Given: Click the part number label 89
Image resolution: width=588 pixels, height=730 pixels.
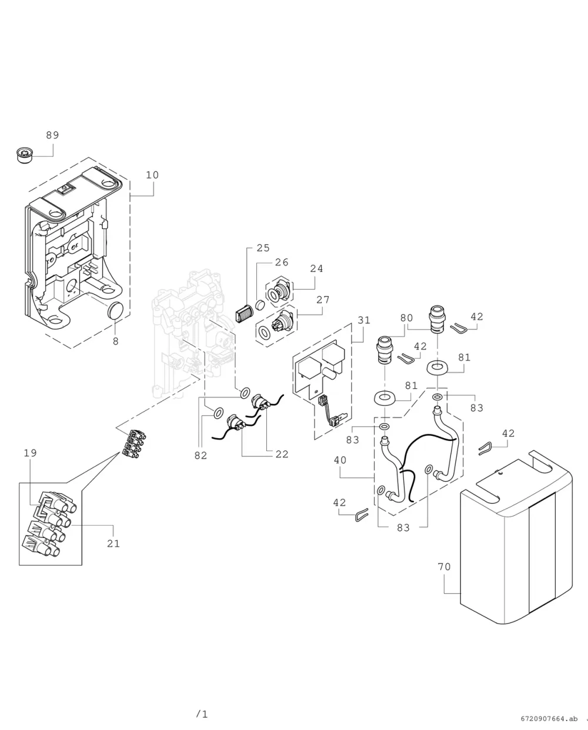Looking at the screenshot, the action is point(53,135).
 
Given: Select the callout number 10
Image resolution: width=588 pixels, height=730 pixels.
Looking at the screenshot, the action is point(152,175).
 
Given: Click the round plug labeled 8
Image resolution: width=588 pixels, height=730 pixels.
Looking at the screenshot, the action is point(116,310).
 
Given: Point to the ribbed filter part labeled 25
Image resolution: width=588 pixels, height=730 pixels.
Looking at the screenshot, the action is point(244,313).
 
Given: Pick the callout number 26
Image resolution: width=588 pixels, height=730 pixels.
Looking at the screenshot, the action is point(282,262).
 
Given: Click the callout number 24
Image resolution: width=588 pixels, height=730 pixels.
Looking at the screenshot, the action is point(316,268).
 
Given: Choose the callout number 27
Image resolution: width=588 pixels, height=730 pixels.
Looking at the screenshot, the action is point(323,300).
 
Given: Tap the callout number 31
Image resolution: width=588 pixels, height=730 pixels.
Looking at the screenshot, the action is point(364,320).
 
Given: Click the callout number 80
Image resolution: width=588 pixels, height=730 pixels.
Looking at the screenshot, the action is point(406,318).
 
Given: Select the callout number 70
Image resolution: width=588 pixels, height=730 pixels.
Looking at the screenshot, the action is point(445,567).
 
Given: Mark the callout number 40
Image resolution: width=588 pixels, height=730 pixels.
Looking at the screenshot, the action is point(340,460).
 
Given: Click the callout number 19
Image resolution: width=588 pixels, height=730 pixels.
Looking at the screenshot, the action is point(30,453).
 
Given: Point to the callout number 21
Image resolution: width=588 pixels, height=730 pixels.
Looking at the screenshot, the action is point(113,544).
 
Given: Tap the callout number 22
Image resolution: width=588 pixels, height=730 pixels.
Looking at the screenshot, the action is point(282,454).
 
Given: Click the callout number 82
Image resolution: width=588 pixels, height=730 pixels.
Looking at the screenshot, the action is point(201,456).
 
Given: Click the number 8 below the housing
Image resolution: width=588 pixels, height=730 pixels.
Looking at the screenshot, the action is point(116,342).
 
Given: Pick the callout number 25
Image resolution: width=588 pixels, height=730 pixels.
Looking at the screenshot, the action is point(263,248).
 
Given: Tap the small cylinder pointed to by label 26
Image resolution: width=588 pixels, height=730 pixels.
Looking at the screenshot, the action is point(260,305).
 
